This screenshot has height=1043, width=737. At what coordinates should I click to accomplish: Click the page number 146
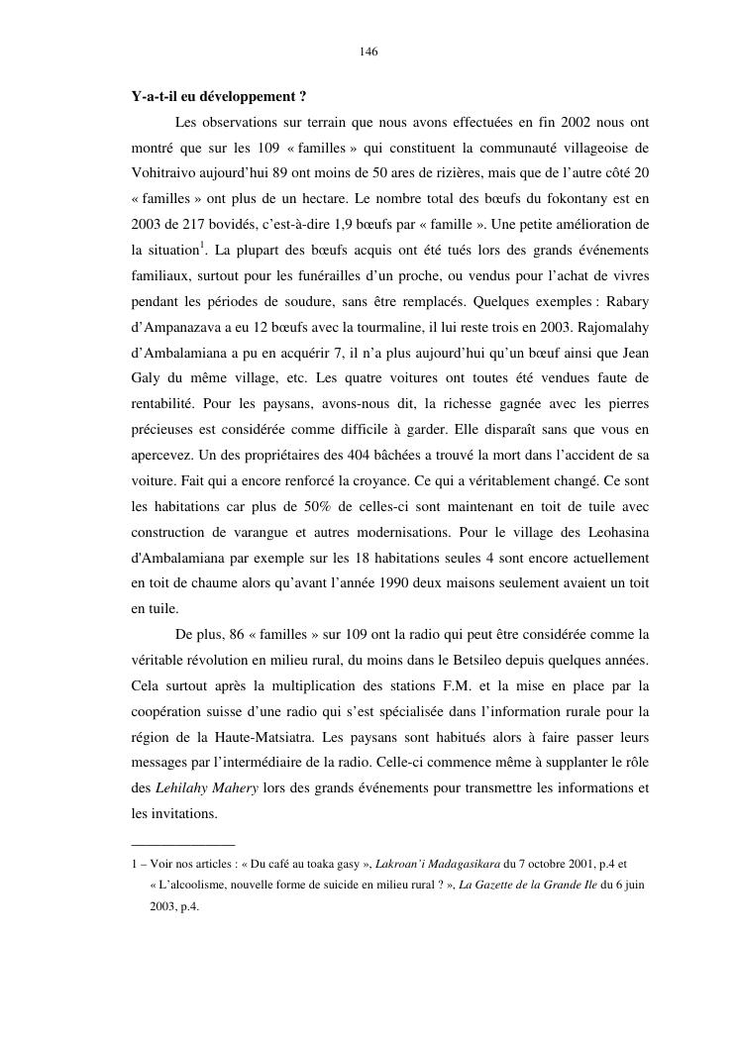368,52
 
